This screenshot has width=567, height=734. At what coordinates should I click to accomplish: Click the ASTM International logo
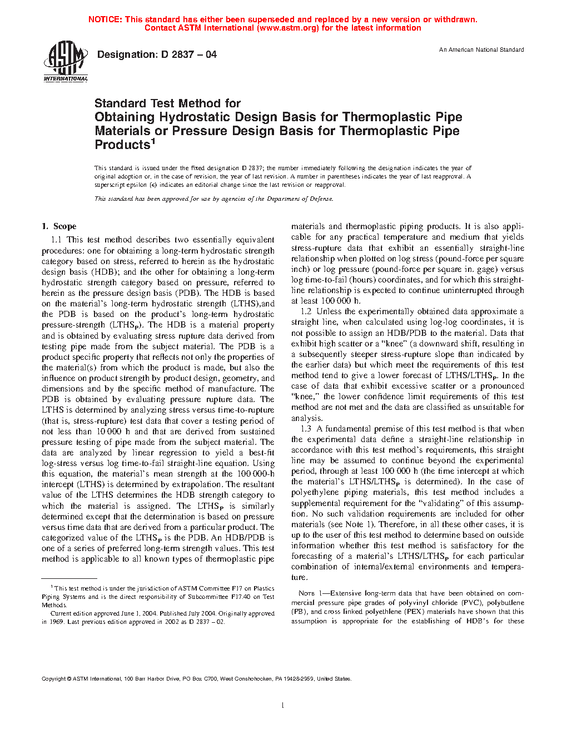coord(66,62)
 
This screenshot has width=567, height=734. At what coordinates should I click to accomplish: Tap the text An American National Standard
coord(481,50)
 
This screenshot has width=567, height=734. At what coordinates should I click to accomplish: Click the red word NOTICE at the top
coord(105,19)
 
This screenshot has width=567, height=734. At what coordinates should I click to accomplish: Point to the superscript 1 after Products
coord(153,141)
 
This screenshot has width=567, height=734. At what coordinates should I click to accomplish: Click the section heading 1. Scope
coord(59,226)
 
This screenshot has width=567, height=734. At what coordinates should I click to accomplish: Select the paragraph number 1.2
coord(306,311)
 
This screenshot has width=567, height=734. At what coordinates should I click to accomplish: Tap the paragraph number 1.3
coord(306,429)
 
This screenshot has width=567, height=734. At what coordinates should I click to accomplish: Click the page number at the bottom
coord(283,705)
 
